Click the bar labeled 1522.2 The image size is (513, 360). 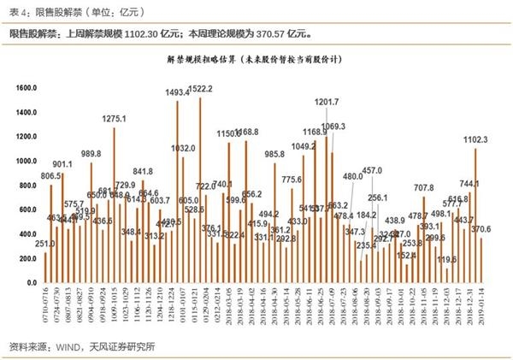point(200,180)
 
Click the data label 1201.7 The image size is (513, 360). point(327,102)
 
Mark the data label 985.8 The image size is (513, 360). point(274,153)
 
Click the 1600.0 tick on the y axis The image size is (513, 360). point(28,86)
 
